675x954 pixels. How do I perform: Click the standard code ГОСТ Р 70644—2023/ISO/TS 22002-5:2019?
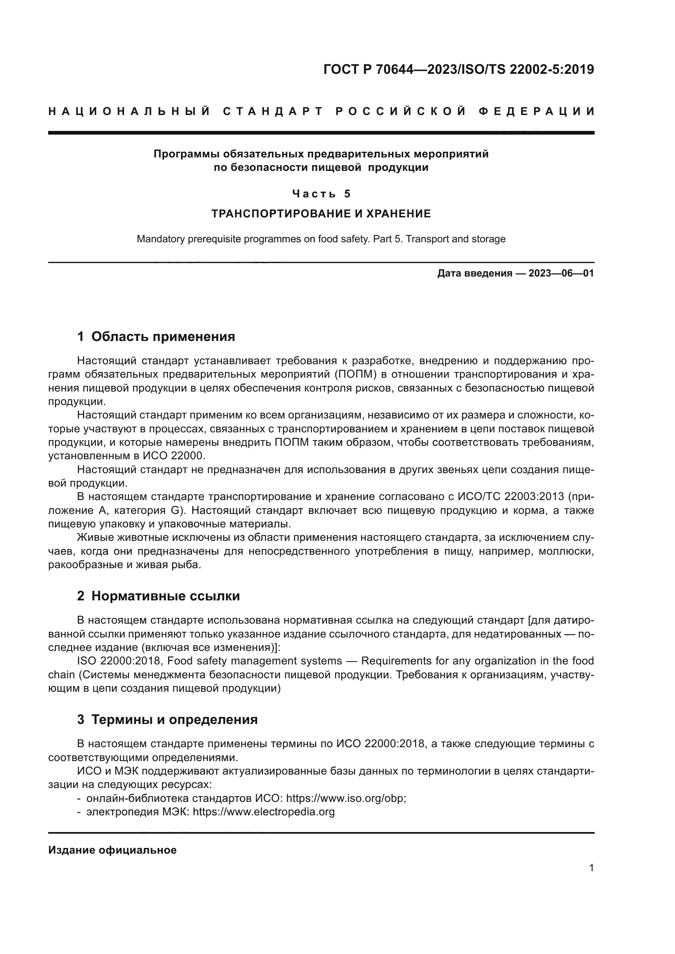(458, 69)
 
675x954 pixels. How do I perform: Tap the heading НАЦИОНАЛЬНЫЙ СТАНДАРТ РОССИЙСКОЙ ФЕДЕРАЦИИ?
(321, 111)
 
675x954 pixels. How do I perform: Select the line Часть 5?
(321, 194)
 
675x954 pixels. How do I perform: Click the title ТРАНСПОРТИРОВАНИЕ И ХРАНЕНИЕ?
(321, 214)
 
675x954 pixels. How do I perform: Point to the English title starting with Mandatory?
(321, 239)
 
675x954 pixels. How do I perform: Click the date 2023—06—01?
(561, 273)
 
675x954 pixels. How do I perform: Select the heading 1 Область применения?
(156, 336)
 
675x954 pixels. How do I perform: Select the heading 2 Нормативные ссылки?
(158, 596)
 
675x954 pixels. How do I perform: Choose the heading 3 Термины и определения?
(167, 719)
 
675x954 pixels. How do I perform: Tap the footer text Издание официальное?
(112, 850)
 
